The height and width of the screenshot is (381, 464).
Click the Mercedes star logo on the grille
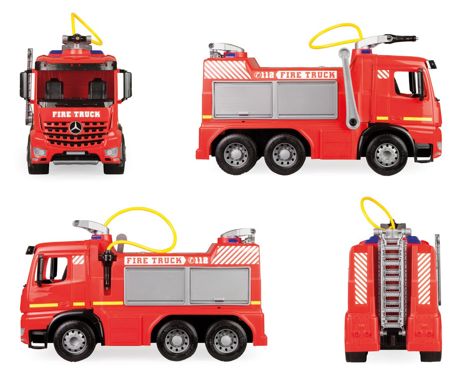tap(76, 128)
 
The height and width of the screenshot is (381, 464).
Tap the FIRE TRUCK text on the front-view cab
tap(76, 114)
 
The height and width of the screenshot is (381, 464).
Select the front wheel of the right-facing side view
tap(387, 154)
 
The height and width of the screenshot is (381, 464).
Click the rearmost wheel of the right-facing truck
tap(236, 154)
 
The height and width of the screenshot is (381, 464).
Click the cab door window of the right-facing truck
tap(406, 83)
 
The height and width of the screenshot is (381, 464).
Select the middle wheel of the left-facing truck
tap(177, 340)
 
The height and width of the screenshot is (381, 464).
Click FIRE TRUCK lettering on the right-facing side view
tap(306, 75)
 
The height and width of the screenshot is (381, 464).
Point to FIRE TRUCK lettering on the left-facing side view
tap(154, 261)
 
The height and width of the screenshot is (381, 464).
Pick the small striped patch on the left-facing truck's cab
tap(78, 260)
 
